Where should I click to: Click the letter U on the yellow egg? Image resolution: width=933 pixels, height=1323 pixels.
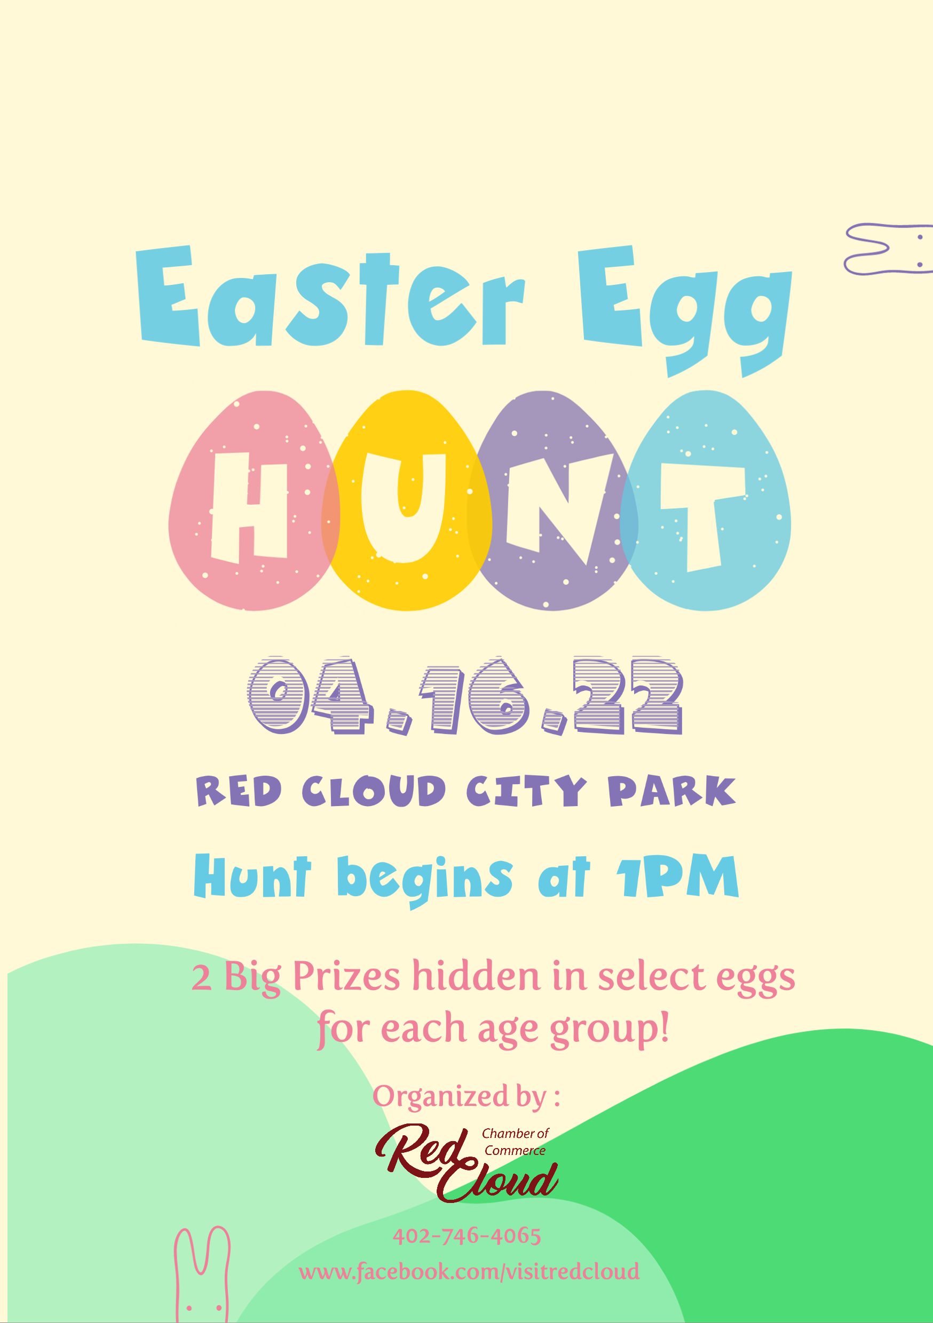(x=404, y=508)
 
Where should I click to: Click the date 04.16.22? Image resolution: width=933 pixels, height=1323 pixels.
(x=465, y=696)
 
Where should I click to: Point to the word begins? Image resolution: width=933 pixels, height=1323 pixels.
(x=425, y=881)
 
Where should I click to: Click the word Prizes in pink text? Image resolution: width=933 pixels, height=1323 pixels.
(x=346, y=977)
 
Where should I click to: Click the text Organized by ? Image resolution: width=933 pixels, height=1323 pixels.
(x=466, y=1097)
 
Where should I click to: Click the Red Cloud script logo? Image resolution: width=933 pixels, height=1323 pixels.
(x=466, y=1163)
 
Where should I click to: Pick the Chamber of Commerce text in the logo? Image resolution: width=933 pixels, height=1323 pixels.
(x=515, y=1142)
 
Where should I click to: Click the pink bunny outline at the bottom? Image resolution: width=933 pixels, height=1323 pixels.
(x=202, y=1274)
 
